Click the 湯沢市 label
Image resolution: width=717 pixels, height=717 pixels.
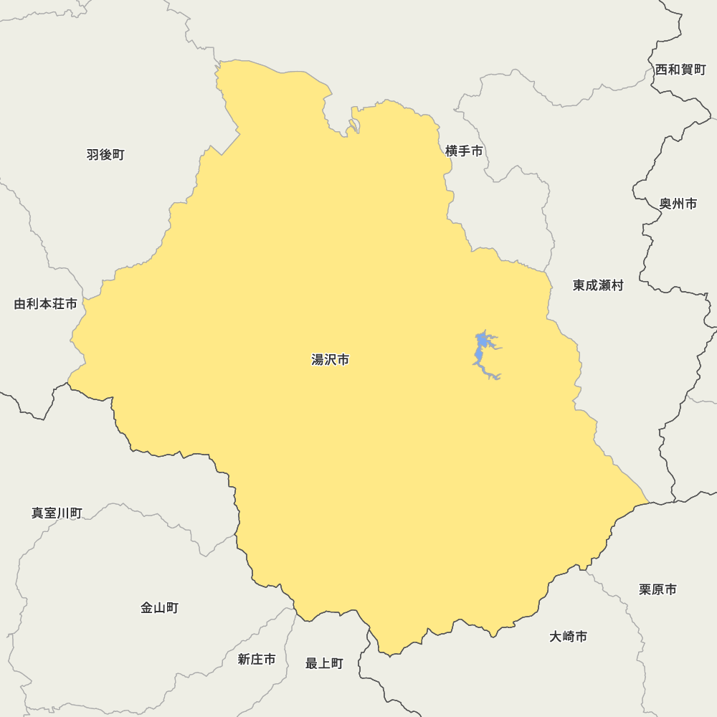click(x=331, y=360)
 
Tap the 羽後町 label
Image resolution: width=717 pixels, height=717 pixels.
click(x=105, y=155)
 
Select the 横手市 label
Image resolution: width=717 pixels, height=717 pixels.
click(x=464, y=151)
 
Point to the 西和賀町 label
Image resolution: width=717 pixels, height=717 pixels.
click(x=680, y=70)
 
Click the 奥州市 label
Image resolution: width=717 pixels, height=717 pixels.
click(x=678, y=204)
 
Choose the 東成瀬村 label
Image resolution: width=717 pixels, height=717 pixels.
click(x=598, y=285)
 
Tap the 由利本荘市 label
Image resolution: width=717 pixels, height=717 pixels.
click(x=46, y=304)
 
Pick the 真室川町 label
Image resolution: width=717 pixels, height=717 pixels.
click(x=57, y=513)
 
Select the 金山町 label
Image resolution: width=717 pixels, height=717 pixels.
click(x=159, y=608)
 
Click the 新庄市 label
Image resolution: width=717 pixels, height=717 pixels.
click(x=257, y=660)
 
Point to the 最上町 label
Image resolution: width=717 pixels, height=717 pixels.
click(x=324, y=664)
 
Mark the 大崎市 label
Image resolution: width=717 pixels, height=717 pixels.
click(x=568, y=637)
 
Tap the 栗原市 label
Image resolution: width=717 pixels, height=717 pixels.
click(x=657, y=589)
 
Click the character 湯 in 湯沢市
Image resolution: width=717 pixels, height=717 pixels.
click(x=318, y=360)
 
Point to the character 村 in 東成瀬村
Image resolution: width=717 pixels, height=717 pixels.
click(x=617, y=285)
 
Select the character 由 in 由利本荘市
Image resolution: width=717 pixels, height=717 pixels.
click(x=20, y=304)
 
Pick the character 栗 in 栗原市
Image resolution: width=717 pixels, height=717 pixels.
click(x=645, y=589)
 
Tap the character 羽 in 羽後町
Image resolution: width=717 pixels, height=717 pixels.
click(x=93, y=155)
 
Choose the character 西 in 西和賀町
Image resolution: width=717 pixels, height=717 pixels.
click(x=661, y=70)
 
